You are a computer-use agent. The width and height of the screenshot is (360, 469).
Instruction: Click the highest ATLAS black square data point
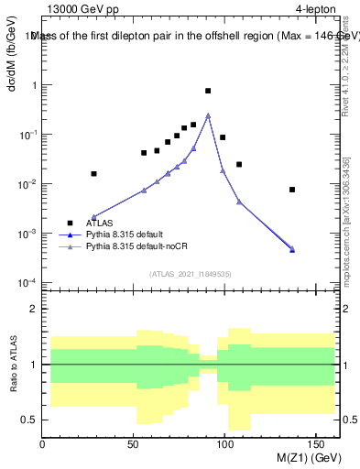point(208,91)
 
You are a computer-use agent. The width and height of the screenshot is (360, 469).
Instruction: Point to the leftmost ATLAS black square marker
point(93,173)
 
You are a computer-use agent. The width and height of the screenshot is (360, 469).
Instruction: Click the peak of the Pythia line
point(208,115)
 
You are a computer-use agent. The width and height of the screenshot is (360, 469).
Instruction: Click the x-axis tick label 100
point(226,444)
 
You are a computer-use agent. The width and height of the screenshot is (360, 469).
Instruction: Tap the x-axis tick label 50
point(135,444)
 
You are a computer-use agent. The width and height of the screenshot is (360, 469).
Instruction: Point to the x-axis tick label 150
point(318,444)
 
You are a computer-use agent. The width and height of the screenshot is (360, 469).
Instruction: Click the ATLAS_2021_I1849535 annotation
point(189,274)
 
